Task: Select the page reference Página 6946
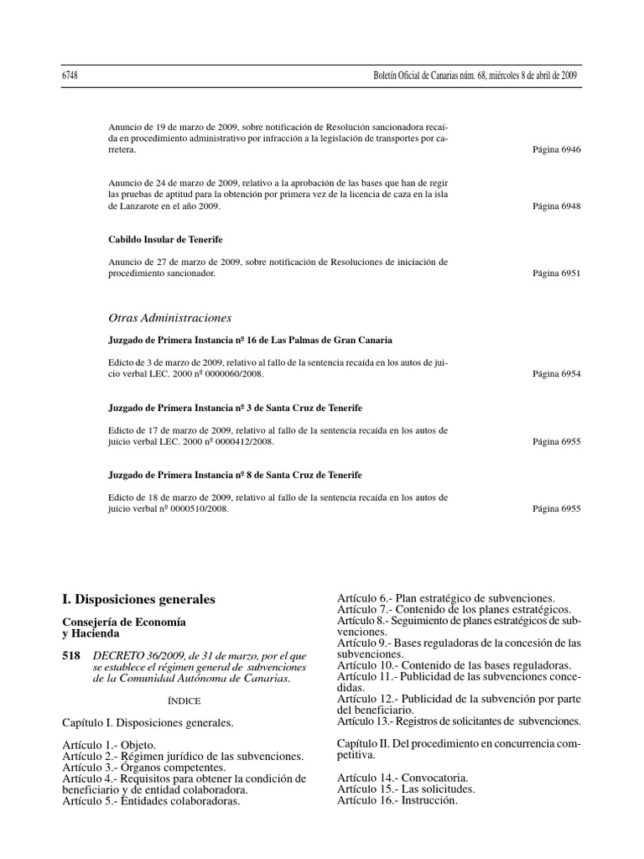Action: [556, 149]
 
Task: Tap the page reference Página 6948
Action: [556, 206]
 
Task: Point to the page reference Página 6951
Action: [556, 273]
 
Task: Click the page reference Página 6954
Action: [556, 374]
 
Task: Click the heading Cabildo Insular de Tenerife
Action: [166, 239]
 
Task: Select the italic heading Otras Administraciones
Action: [170, 318]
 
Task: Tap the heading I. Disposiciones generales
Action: [139, 600]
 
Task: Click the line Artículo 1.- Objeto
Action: [109, 745]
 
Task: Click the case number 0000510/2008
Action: [201, 508]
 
